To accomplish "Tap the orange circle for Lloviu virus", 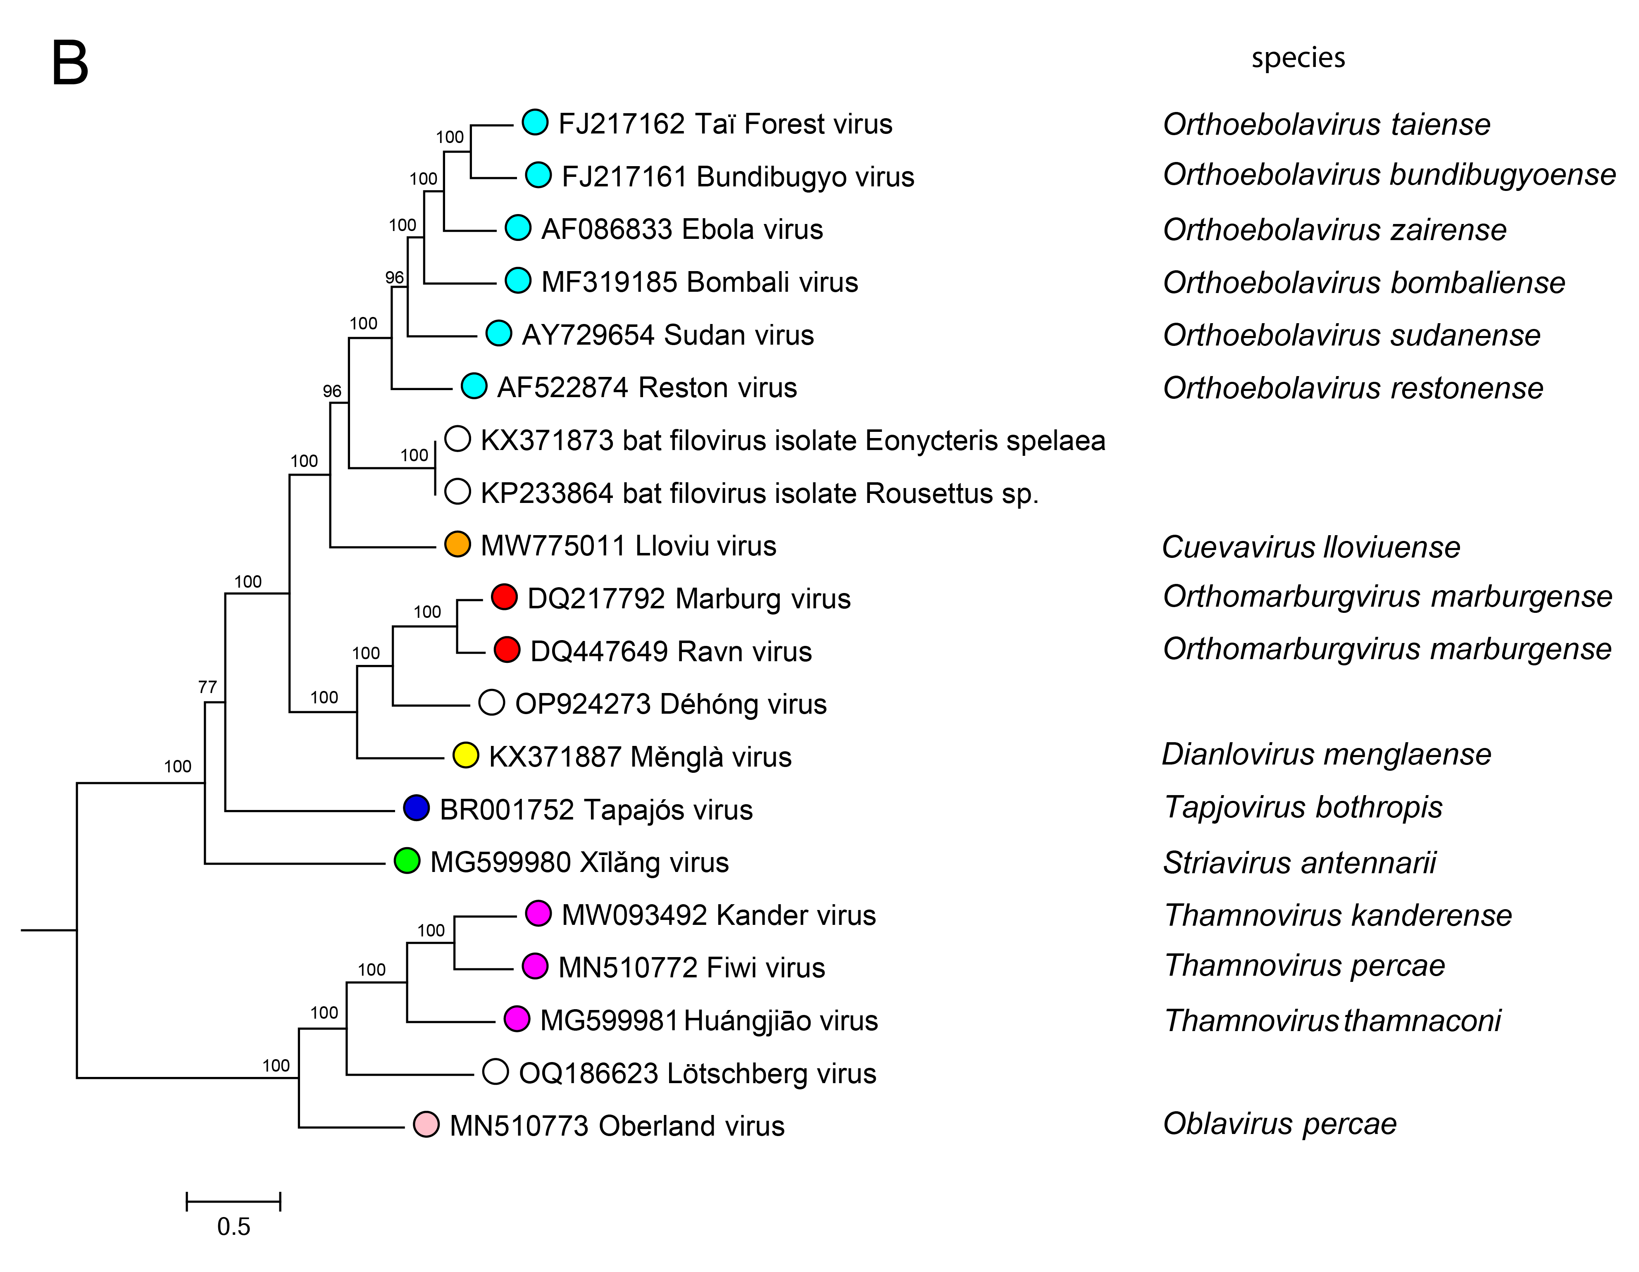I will pyautogui.click(x=457, y=544).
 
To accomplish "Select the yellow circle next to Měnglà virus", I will pyautogui.click(x=465, y=755).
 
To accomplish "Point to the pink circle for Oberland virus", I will pyautogui.click(x=426, y=1124).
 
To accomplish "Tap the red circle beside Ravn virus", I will pyautogui.click(x=507, y=650).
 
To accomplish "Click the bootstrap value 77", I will pyautogui.click(x=207, y=687).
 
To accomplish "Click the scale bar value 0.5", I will pyautogui.click(x=233, y=1226).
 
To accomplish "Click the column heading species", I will pyautogui.click(x=1298, y=58).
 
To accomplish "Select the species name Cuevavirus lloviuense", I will pyautogui.click(x=1310, y=547).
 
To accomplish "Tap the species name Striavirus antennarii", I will pyautogui.click(x=1299, y=862).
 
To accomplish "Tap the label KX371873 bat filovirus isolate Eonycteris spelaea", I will pyautogui.click(x=793, y=441).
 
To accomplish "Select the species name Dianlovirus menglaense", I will pyautogui.click(x=1326, y=754).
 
